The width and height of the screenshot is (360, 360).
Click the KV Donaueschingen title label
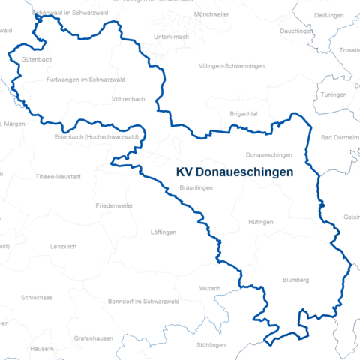[234, 172]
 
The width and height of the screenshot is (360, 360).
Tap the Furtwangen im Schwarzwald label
[85, 79]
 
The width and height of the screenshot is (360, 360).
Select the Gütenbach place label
[37, 58]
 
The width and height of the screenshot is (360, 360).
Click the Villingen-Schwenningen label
[232, 66]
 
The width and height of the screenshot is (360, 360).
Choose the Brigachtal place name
[244, 112]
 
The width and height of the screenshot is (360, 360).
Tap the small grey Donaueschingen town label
[268, 154]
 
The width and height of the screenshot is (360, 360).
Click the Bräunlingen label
[197, 187]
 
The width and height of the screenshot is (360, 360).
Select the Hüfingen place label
[260, 223]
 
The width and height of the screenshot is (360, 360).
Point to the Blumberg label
[295, 280]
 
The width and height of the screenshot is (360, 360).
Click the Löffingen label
[163, 232]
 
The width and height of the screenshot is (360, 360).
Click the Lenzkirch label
[64, 247]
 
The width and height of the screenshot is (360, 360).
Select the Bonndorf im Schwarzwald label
[142, 301]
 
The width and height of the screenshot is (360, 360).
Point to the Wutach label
[210, 288]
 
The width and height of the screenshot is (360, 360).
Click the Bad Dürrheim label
[336, 138]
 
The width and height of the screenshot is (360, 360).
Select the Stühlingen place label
[211, 344]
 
